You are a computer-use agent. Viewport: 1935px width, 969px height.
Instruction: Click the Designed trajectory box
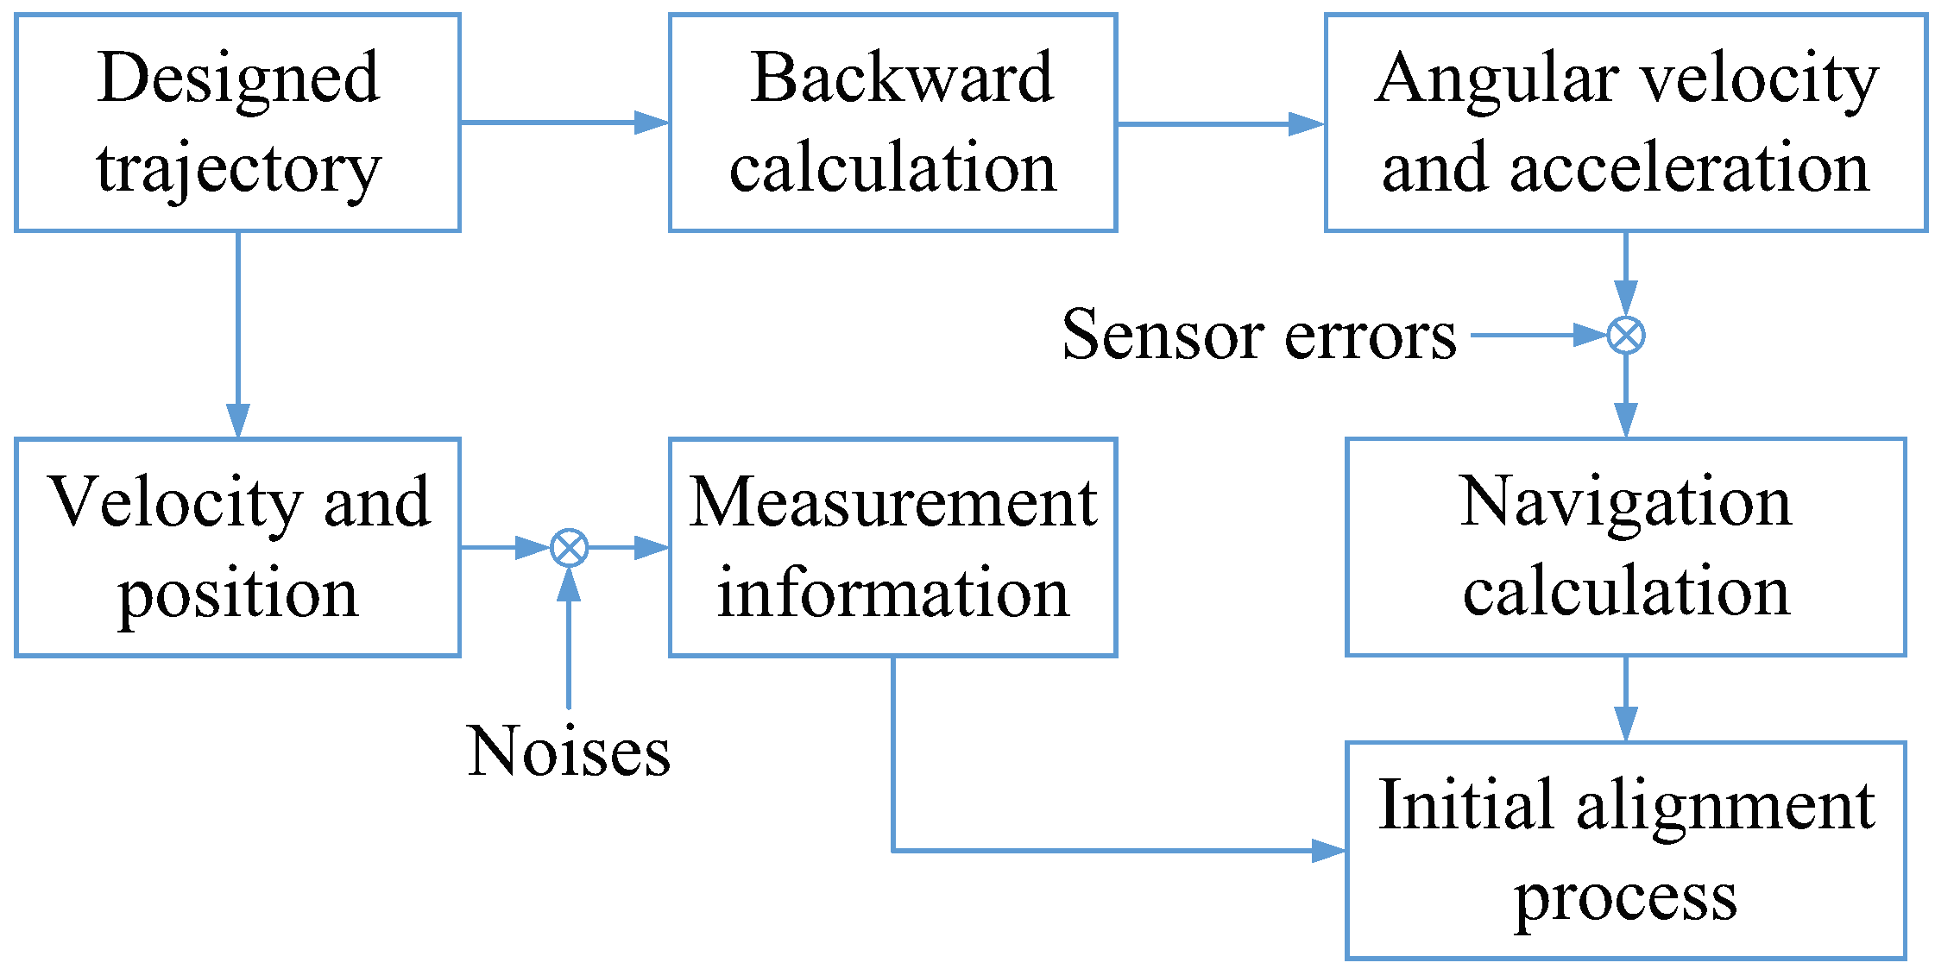pos(237,123)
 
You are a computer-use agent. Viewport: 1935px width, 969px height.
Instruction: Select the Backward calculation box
pos(892,123)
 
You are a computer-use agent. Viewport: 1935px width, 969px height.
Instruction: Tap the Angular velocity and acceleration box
pos(1625,123)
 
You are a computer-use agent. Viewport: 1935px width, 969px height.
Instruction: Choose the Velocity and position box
pos(237,547)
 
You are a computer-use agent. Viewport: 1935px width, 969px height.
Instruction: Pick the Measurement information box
pos(892,547)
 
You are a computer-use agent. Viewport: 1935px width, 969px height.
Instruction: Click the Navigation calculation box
pos(1625,547)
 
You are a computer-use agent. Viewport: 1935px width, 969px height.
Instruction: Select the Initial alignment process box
pos(1625,850)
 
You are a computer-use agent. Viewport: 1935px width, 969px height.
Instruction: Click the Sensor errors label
pos(1258,335)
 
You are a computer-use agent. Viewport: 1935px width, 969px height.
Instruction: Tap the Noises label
pos(568,751)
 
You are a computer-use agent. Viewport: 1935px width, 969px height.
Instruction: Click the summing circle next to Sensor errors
pos(1625,335)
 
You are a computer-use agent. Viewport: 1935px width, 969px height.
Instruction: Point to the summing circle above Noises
pos(569,547)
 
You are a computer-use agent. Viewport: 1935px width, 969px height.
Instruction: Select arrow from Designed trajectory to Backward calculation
pos(564,123)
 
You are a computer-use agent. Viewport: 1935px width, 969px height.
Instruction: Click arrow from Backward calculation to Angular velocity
pos(1220,123)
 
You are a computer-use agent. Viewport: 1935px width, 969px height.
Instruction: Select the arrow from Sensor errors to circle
pos(1536,335)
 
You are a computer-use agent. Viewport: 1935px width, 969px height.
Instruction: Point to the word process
pos(1625,897)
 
